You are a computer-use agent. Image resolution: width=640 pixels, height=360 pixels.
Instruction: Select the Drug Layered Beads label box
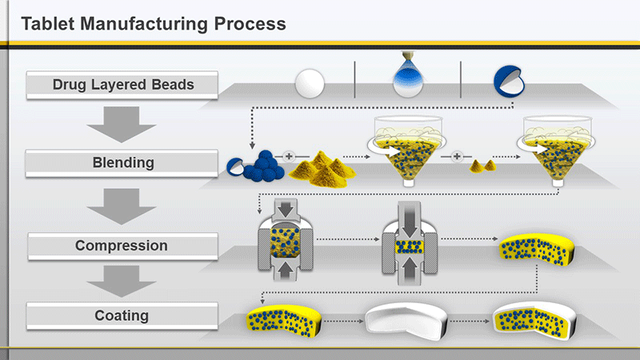pyautogui.click(x=122, y=85)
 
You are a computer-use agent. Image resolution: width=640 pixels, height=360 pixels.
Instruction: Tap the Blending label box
pyautogui.click(x=122, y=163)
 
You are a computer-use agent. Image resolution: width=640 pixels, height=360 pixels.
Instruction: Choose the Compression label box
pyautogui.click(x=122, y=246)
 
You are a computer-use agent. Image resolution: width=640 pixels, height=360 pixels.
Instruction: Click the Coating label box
pyautogui.click(x=122, y=315)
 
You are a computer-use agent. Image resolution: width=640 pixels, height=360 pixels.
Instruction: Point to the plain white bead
pyautogui.click(x=310, y=83)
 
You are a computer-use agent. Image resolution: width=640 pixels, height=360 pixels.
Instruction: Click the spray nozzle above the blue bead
pyautogui.click(x=408, y=57)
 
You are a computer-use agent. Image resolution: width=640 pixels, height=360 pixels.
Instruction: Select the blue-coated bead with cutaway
pyautogui.click(x=509, y=82)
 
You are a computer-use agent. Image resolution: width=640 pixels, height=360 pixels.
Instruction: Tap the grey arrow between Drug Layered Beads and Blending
pyautogui.click(x=122, y=124)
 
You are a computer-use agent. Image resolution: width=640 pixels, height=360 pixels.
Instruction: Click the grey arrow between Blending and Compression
pyautogui.click(x=122, y=206)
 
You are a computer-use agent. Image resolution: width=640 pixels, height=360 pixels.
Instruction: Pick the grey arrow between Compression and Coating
pyautogui.click(x=122, y=282)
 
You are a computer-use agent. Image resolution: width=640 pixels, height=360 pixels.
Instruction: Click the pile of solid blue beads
pyautogui.click(x=264, y=166)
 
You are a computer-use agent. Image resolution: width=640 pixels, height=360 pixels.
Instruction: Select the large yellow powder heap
pyautogui.click(x=322, y=169)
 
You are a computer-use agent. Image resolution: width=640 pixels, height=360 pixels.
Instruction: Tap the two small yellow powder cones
pyautogui.click(x=483, y=166)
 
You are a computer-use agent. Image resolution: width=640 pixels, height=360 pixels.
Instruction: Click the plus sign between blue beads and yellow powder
pyautogui.click(x=289, y=156)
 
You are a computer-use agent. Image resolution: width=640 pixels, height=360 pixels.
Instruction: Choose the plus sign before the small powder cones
pyautogui.click(x=457, y=156)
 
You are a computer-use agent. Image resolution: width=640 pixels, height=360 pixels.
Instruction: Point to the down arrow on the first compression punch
pyautogui.click(x=286, y=210)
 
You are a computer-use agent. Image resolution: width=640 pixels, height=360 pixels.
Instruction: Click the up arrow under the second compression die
pyautogui.click(x=410, y=269)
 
